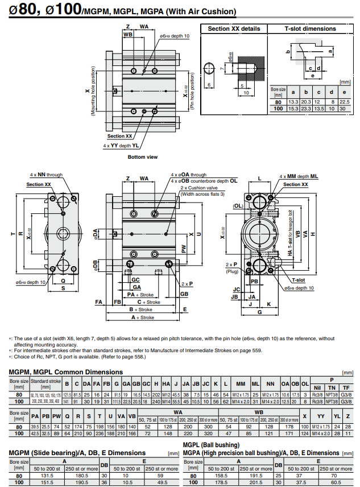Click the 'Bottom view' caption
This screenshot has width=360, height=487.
pyautogui.click(x=143, y=157)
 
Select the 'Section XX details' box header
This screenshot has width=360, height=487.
pyautogui.click(x=234, y=28)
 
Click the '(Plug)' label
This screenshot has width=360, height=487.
pyautogui.click(x=231, y=271)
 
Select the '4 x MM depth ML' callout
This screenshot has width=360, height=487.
pyautogui.click(x=299, y=177)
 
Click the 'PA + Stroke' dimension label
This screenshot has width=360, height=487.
pyautogui.click(x=140, y=295)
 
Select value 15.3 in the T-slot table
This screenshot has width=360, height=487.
pyautogui.click(x=293, y=108)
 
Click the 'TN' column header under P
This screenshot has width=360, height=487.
pyautogui.click(x=332, y=387)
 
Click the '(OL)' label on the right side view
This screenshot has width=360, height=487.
pyautogui.click(x=238, y=205)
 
